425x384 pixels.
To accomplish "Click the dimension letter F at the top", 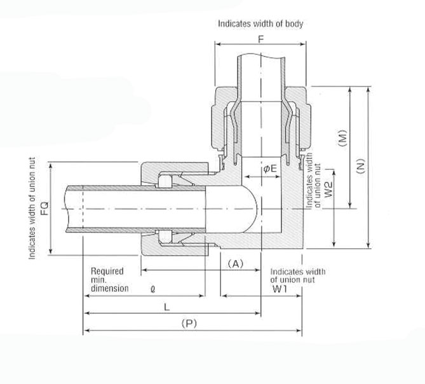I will point(260,38).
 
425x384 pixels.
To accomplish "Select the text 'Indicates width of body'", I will point(260,24).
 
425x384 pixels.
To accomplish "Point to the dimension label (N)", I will point(361,166).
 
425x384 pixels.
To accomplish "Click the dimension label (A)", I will point(236,263).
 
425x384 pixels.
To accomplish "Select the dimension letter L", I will point(166,306).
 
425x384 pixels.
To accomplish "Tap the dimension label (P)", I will point(188,323).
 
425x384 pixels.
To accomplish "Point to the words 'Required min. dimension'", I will point(107,279).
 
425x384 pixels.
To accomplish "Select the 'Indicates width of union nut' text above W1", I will point(297,275).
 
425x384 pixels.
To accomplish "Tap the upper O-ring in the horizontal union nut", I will point(164,182).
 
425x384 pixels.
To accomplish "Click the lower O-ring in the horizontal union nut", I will point(164,237).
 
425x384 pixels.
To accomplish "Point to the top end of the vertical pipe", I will point(260,57).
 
